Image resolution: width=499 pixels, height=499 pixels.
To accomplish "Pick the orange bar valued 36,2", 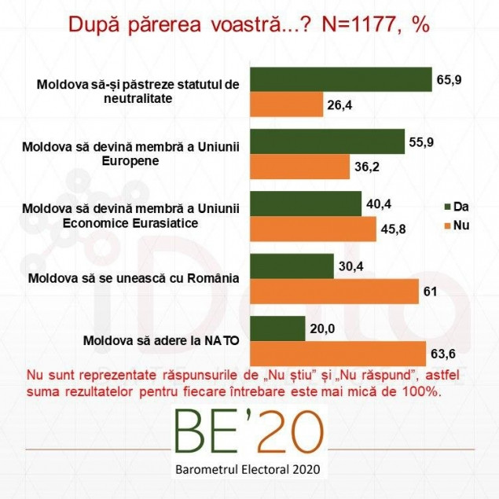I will click(x=299, y=167).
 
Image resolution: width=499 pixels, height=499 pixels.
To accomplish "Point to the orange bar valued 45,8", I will click(x=313, y=229).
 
